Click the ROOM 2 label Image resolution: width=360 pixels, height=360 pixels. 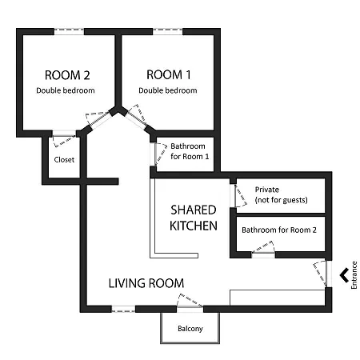pyautogui.click(x=67, y=75)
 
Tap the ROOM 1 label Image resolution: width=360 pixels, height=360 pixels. pyautogui.click(x=169, y=74)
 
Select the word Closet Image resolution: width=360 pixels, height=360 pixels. pyautogui.click(x=64, y=160)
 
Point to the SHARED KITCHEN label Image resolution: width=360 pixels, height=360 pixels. pyautogui.click(x=194, y=218)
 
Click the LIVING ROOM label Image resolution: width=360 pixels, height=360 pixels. pyautogui.click(x=146, y=283)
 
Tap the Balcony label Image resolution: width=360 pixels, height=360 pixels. pyautogui.click(x=190, y=329)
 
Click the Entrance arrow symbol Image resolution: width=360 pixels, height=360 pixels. pyautogui.click(x=344, y=275)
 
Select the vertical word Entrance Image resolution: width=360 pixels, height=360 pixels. pyautogui.click(x=354, y=275)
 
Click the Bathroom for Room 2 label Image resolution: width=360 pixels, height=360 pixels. pyautogui.click(x=279, y=230)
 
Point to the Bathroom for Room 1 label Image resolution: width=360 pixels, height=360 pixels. pyautogui.click(x=190, y=151)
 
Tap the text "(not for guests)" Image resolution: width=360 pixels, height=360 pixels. pyautogui.click(x=282, y=200)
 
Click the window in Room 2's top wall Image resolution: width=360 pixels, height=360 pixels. pyautogui.click(x=69, y=31)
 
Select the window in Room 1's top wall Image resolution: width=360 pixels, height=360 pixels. pyautogui.click(x=167, y=31)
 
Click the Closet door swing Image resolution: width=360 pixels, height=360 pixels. pyautogui.click(x=64, y=141)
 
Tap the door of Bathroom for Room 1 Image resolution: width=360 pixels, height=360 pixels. pyautogui.click(x=159, y=154)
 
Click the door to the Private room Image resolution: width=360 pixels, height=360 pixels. pyautogui.click(x=238, y=195)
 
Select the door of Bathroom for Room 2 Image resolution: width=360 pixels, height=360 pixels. pyautogui.click(x=263, y=249)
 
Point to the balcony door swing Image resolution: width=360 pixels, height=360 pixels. pyautogui.click(x=190, y=302)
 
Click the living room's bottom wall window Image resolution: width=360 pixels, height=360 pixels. pyautogui.click(x=123, y=309)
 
